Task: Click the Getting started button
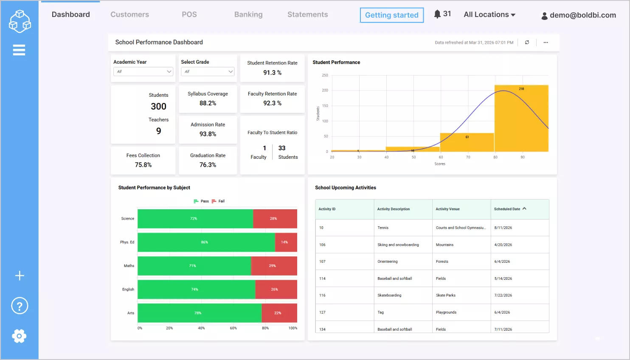(x=391, y=15)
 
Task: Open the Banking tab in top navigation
(x=248, y=14)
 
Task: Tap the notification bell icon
(x=437, y=14)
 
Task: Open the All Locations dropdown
(x=489, y=14)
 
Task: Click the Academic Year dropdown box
(x=143, y=72)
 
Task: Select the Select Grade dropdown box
(x=208, y=72)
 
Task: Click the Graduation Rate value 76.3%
(x=208, y=165)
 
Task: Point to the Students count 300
(x=158, y=107)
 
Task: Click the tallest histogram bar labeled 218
(x=521, y=118)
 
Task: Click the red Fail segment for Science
(x=275, y=219)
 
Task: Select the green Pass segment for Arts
(x=199, y=313)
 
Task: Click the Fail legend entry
(x=218, y=201)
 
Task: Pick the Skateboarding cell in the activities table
(x=389, y=295)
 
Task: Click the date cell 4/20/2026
(x=503, y=245)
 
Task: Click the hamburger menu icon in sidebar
(x=19, y=50)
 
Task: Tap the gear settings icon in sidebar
(x=19, y=336)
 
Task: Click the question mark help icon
(x=20, y=306)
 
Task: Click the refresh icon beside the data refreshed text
(x=527, y=42)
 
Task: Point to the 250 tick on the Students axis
(x=325, y=75)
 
